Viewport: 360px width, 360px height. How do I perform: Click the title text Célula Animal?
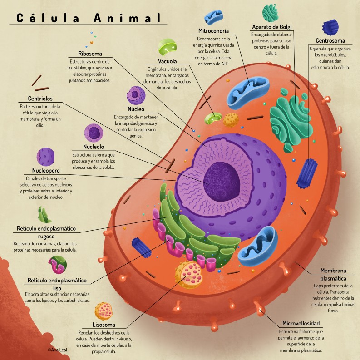pyautogui.click(x=88, y=18)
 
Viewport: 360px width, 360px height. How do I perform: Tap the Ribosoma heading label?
pyautogui.click(x=90, y=54)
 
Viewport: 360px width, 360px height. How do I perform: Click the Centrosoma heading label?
pyautogui.click(x=330, y=40)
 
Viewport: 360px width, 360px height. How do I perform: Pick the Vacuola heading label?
pyautogui.click(x=167, y=61)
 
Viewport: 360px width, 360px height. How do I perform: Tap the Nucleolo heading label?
pyautogui.click(x=94, y=147)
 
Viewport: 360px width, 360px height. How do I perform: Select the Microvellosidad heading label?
pyautogui.click(x=301, y=323)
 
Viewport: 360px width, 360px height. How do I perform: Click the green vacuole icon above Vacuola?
pyautogui.click(x=167, y=48)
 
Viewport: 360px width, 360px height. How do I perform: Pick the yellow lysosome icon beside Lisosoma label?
pyautogui.click(x=104, y=311)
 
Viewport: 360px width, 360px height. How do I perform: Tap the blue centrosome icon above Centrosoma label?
pyautogui.click(x=330, y=27)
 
